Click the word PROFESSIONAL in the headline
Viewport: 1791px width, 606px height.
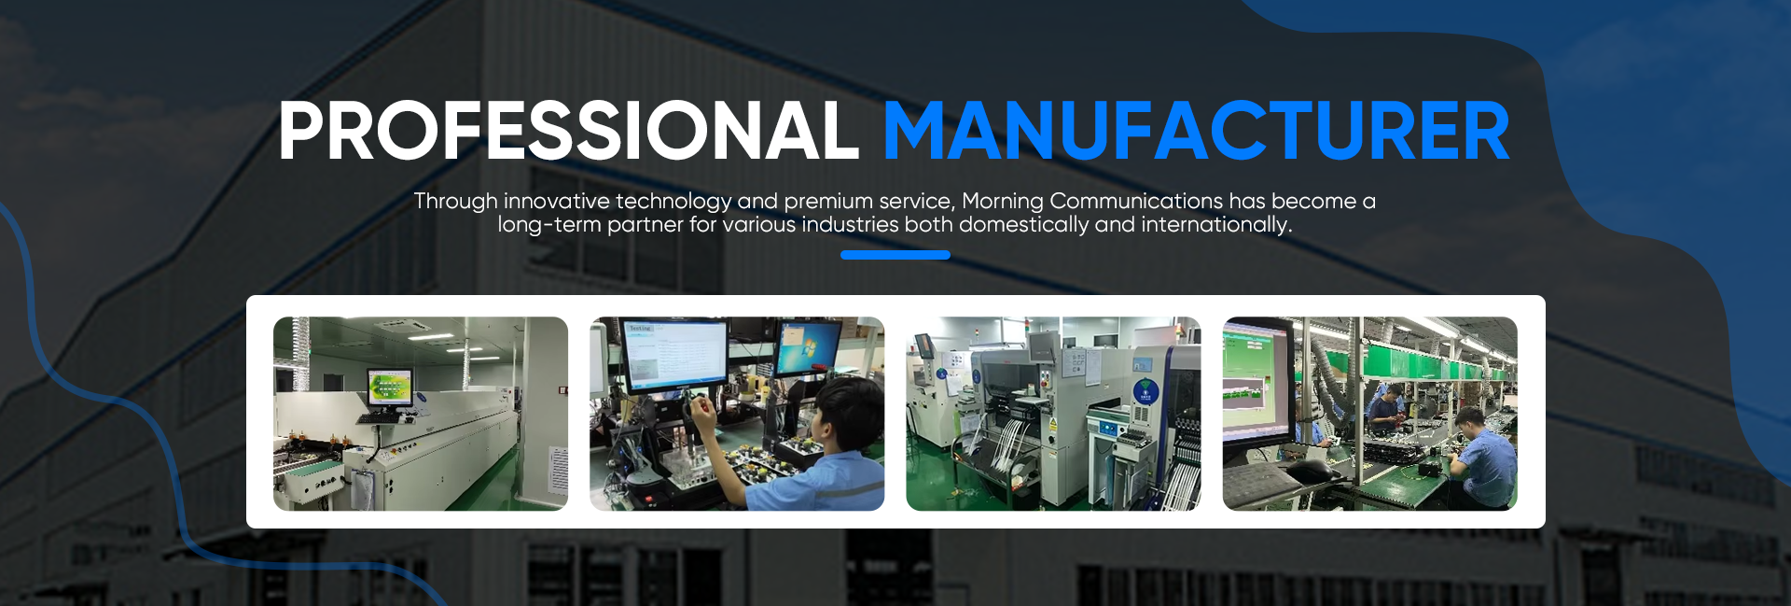click(x=568, y=131)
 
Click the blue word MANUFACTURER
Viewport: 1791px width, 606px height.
click(x=1196, y=131)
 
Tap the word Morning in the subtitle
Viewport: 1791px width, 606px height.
click(x=1003, y=202)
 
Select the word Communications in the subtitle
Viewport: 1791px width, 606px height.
click(x=1136, y=201)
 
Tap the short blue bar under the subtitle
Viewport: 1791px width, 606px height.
click(x=895, y=255)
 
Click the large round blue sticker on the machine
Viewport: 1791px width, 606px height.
click(x=1145, y=391)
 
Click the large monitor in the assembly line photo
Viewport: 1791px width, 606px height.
click(x=1256, y=383)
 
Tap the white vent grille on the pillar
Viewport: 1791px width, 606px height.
click(x=558, y=472)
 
